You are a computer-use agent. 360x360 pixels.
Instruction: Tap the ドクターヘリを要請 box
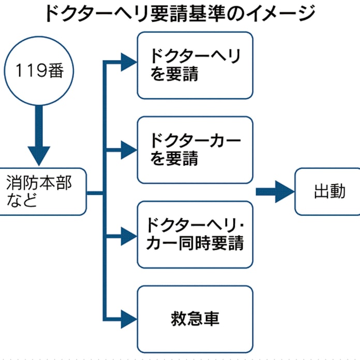(195, 65)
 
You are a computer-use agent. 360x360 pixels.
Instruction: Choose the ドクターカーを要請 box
(195, 149)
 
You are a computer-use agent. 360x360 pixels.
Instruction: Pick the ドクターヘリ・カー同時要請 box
(195, 234)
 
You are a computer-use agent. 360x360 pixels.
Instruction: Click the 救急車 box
(195, 318)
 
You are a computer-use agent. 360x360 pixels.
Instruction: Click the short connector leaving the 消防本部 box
(95, 192)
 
